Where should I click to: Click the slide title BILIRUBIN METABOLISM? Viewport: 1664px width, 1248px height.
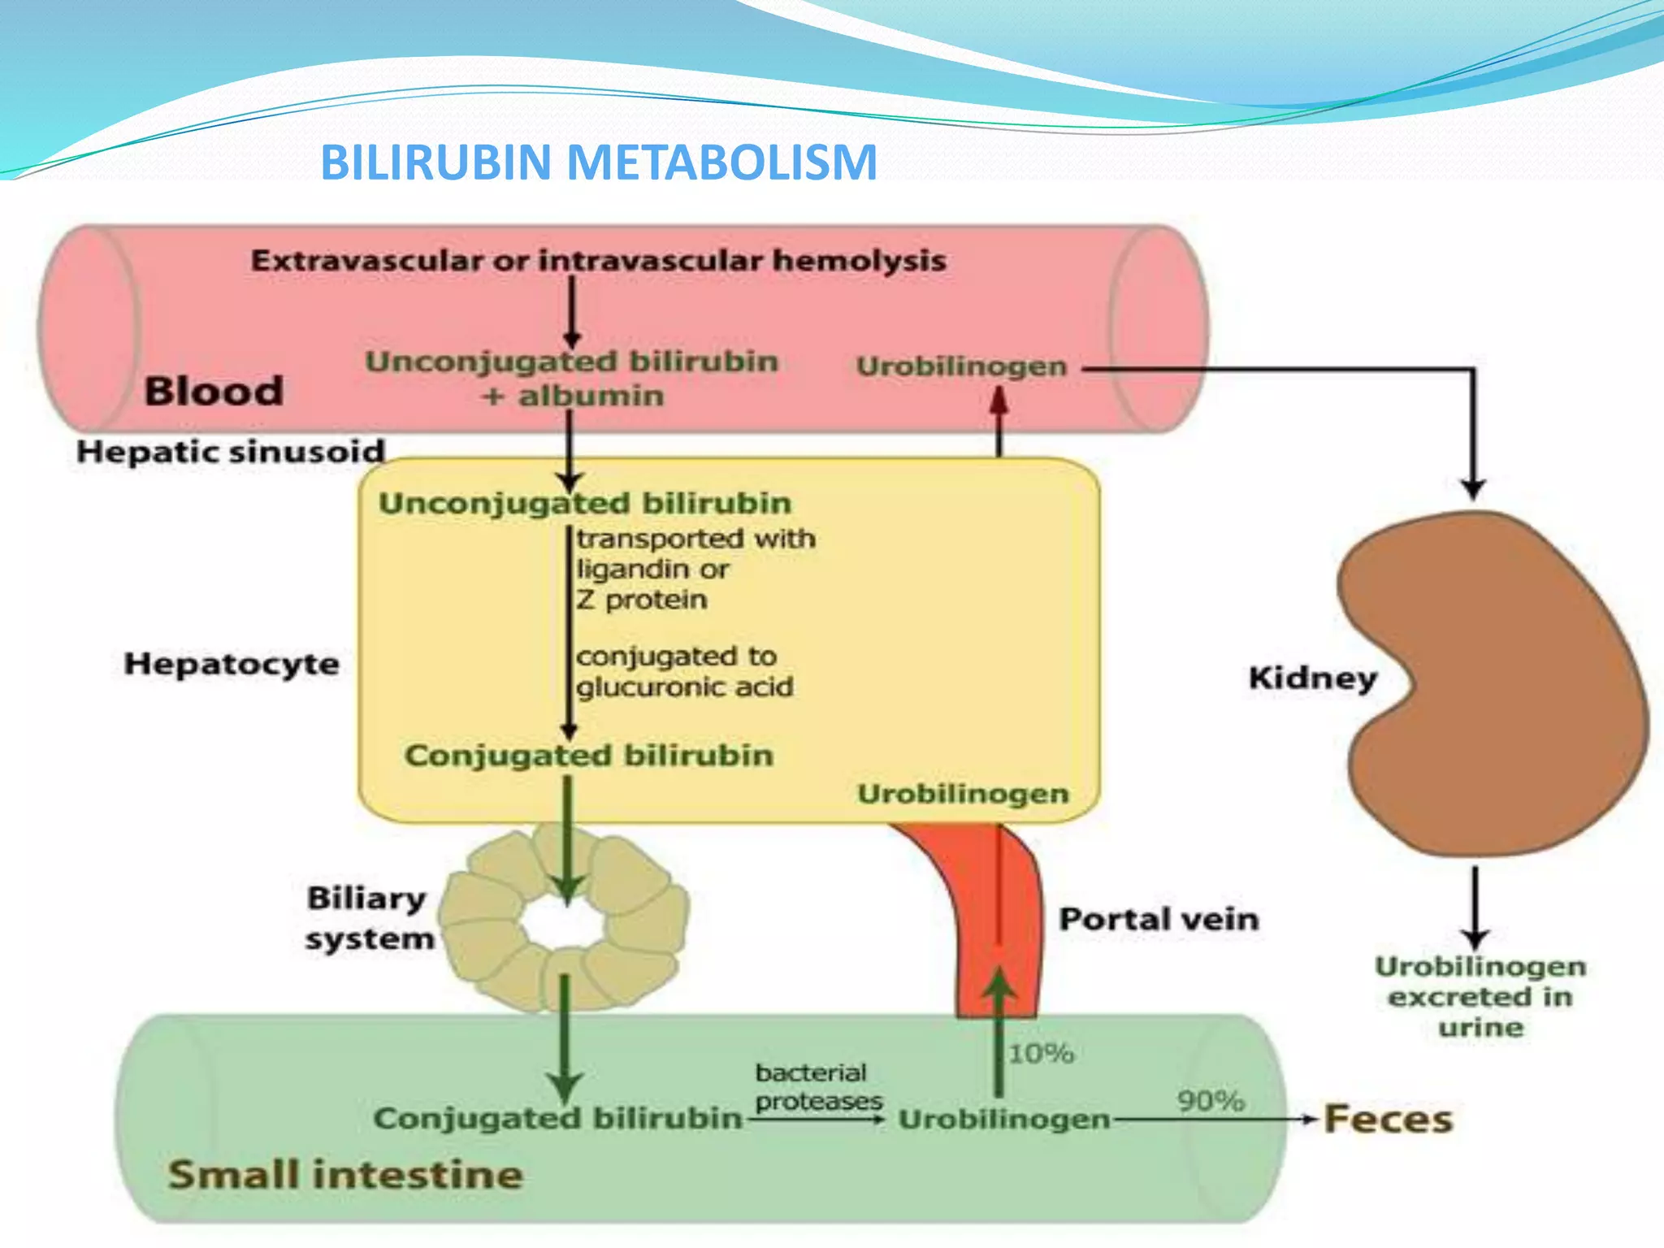tap(599, 162)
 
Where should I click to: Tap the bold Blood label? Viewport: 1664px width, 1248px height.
tap(214, 391)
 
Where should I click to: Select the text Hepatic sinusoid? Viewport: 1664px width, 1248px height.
tap(230, 451)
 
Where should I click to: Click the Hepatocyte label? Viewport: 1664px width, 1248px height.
tap(232, 664)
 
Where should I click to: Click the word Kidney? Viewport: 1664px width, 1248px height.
tap(1312, 678)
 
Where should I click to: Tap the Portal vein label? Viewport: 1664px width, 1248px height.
tap(1159, 919)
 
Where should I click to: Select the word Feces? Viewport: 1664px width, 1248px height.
tap(1388, 1119)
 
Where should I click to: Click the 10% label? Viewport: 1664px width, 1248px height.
tap(1041, 1054)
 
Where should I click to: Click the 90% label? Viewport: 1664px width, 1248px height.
tap(1211, 1101)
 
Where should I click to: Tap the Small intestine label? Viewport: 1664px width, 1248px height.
tap(345, 1175)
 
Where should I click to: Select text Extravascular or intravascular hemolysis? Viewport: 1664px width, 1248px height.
tap(598, 261)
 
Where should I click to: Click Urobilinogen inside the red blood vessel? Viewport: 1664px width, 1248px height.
tap(961, 366)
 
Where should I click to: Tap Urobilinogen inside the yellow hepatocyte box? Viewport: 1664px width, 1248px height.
tap(963, 793)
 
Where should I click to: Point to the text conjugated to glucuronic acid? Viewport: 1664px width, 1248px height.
tap(684, 671)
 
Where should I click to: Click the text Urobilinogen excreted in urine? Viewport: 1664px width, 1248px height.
tap(1480, 997)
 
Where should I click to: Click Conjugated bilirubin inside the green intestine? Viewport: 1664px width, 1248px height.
tap(557, 1119)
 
